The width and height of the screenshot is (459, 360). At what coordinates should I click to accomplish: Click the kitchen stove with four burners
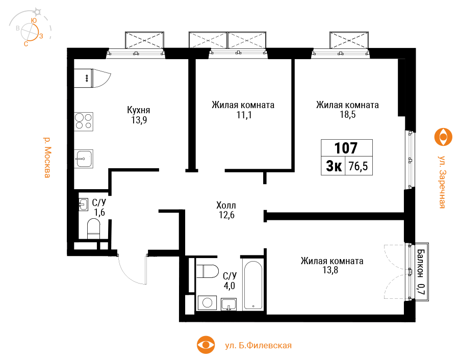tap(84, 121)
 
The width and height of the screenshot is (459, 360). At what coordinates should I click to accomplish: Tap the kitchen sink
tap(84, 159)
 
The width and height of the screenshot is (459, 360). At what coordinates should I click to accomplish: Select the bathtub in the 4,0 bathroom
tap(253, 286)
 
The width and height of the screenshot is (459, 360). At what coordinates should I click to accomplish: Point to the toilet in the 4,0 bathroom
tap(208, 271)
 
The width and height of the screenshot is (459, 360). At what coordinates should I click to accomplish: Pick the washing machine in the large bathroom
tap(207, 302)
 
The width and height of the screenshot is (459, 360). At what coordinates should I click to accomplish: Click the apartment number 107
tap(346, 148)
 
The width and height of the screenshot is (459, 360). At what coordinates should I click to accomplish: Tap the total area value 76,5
tap(359, 166)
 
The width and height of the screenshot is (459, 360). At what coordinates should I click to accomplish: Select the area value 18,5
tap(348, 114)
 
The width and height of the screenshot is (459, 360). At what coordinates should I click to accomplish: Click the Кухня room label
tap(138, 110)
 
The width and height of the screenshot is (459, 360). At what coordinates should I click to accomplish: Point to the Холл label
tap(226, 205)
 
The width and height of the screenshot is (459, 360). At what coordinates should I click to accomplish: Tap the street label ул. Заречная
tap(442, 182)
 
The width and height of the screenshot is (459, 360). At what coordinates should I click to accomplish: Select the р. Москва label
tap(47, 157)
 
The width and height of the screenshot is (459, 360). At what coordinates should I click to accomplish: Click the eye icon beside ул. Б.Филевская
tap(206, 345)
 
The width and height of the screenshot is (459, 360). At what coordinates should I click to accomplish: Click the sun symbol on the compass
tap(37, 12)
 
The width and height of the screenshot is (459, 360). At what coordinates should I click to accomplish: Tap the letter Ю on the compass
tap(34, 20)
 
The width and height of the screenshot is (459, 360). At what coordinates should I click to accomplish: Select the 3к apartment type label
tap(334, 166)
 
